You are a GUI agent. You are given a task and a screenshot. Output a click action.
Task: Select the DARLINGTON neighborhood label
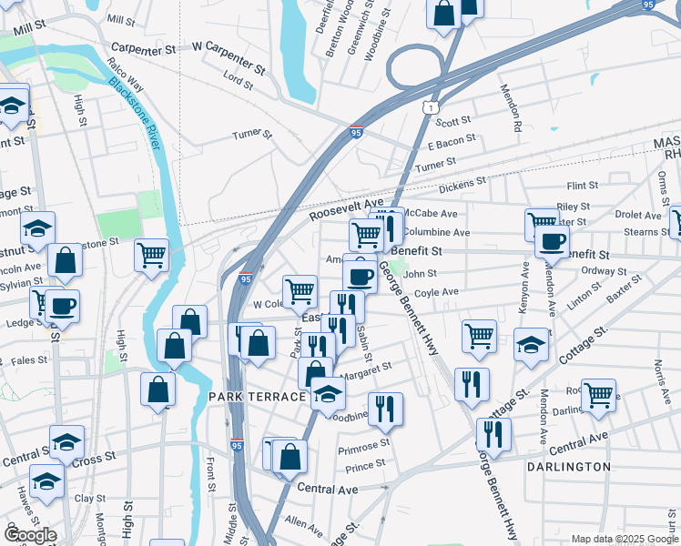[568, 467]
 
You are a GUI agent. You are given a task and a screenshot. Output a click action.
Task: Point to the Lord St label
[238, 80]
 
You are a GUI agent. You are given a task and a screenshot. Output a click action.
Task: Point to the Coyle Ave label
[436, 292]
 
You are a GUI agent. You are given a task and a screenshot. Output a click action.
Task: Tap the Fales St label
[29, 360]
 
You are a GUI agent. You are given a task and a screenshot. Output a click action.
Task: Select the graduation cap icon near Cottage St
[531, 344]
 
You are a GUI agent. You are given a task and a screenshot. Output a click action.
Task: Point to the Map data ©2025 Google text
[624, 539]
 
